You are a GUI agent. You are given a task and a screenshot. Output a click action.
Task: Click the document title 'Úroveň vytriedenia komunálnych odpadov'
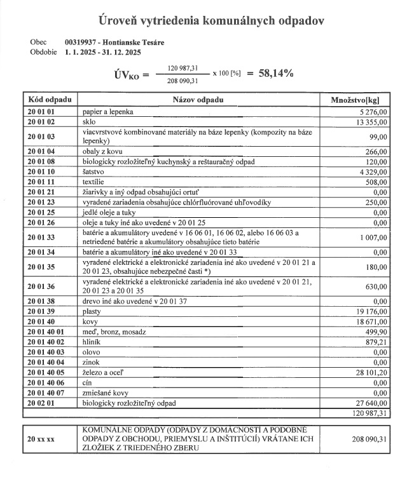[x=200, y=20]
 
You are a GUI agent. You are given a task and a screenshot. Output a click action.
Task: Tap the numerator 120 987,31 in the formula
[x=183, y=67]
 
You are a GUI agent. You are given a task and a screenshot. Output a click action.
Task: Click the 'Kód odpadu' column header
[x=50, y=100]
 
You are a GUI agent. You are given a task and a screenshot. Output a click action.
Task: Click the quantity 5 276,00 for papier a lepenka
[x=373, y=111]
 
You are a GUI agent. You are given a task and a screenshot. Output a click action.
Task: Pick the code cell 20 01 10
[x=42, y=171]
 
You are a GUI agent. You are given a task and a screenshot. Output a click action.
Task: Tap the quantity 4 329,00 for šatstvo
[x=373, y=171]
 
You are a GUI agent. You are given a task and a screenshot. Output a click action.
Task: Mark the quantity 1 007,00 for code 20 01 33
[x=372, y=238]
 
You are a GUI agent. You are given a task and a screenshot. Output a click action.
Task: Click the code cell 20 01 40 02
[x=46, y=342]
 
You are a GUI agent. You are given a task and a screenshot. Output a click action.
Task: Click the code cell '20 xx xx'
[x=41, y=439]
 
